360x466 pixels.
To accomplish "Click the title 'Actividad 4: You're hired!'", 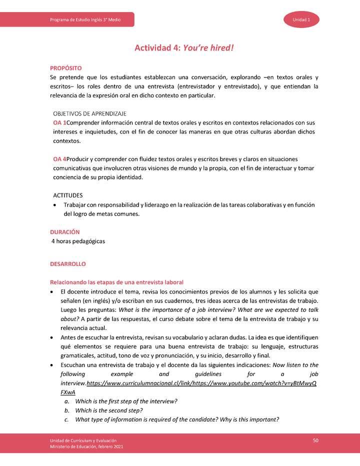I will pyautogui.click(x=184, y=48).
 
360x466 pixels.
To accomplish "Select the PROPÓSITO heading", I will pyautogui.click(x=65, y=67).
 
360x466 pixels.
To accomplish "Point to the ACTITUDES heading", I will pyautogui.click(x=68, y=195).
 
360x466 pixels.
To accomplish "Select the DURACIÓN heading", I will pyautogui.click(x=64, y=232).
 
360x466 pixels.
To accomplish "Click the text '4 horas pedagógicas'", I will pyautogui.click(x=78, y=241).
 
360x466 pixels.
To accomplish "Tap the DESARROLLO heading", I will pyautogui.click(x=68, y=263).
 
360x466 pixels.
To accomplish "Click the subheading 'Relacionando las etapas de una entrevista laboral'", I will pyautogui.click(x=116, y=282).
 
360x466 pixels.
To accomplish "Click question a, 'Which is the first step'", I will pyautogui.click(x=126, y=401).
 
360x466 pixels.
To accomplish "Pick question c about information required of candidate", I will pyautogui.click(x=176, y=419).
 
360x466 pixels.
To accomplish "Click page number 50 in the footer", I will pyautogui.click(x=315, y=440).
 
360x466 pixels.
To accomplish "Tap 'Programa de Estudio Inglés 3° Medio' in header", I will pyautogui.click(x=85, y=19).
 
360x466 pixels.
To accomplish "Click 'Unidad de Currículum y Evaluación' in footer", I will pyautogui.click(x=80, y=440).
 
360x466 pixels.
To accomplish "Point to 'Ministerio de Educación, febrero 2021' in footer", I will pyautogui.click(x=83, y=446).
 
